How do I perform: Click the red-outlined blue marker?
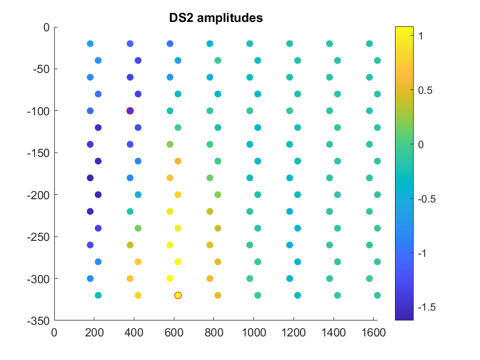pyautogui.click(x=130, y=110)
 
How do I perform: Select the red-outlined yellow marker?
pyautogui.click(x=178, y=295)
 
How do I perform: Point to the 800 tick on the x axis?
pyautogui.click(x=213, y=332)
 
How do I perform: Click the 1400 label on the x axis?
pyautogui.click(x=333, y=332)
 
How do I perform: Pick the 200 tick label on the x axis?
pyautogui.click(x=94, y=332)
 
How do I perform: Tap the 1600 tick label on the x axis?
pyautogui.click(x=373, y=332)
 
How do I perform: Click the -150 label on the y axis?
pyautogui.click(x=37, y=153)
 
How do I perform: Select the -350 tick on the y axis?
pyautogui.click(x=37, y=320)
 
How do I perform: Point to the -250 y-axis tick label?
pyautogui.click(x=37, y=237)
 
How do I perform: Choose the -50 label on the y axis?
pyautogui.click(x=39, y=69)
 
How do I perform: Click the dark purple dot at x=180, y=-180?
pyautogui.click(x=90, y=178)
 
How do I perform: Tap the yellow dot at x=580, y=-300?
pyautogui.click(x=170, y=278)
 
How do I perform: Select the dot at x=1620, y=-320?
pyautogui.click(x=377, y=295)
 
